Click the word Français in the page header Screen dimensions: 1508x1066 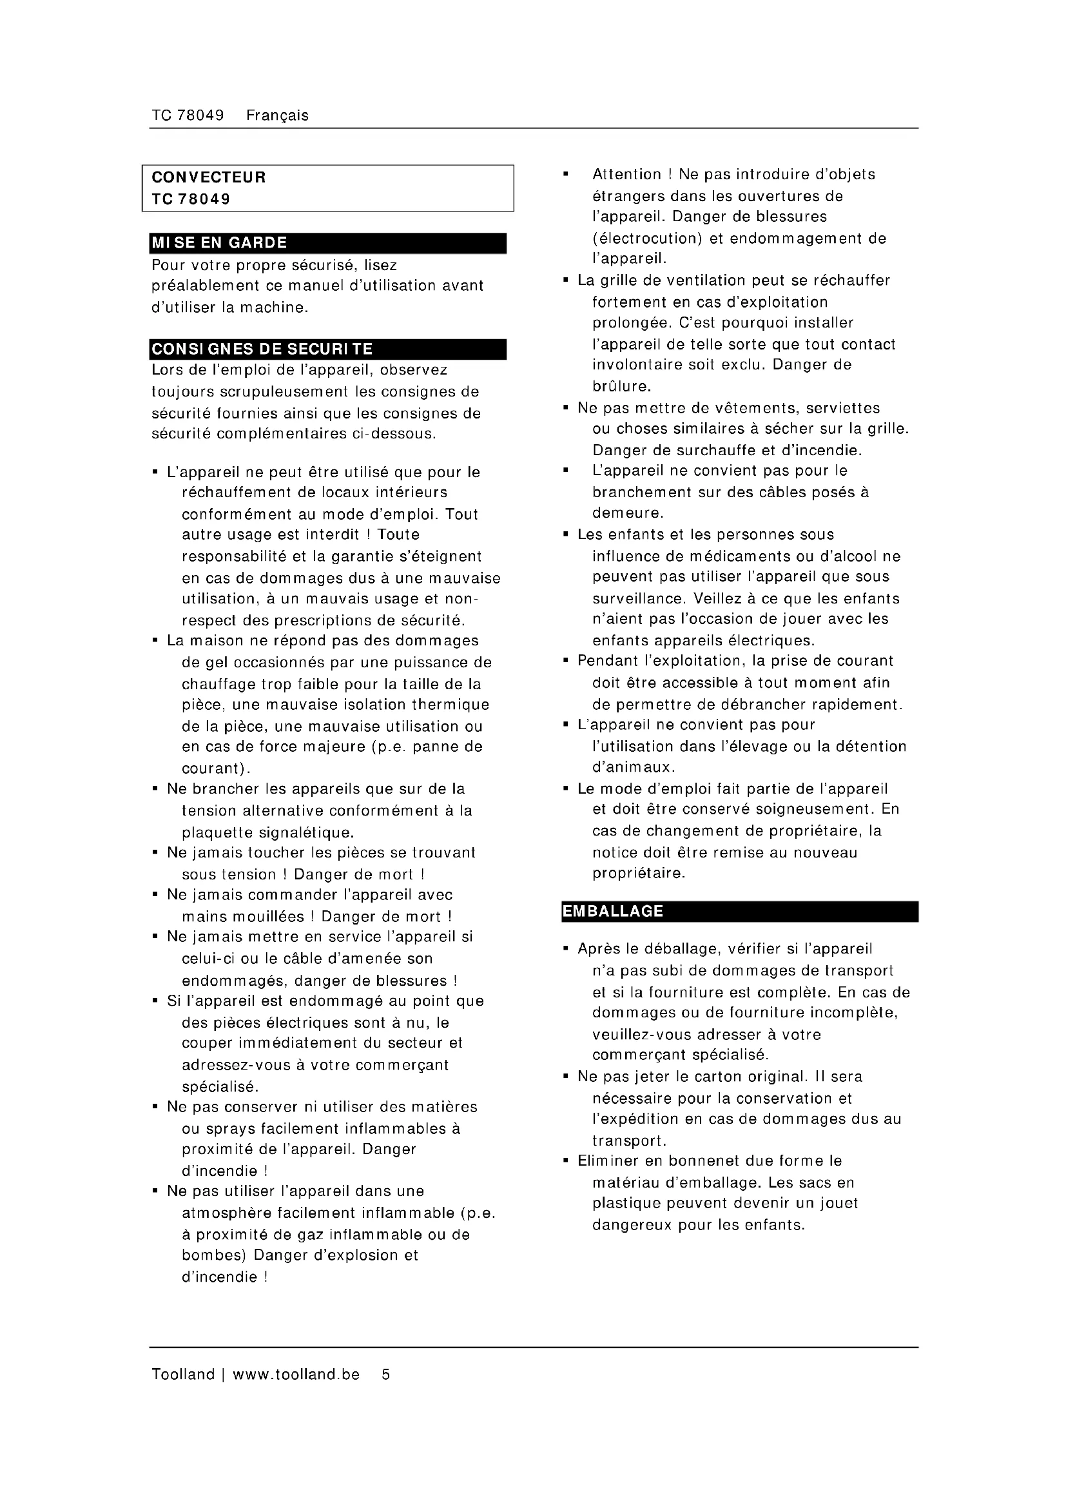click(277, 115)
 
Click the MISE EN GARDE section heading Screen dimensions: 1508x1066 click(219, 243)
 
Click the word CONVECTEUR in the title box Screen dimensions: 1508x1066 click(209, 177)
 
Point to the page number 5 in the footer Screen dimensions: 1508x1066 click(386, 1374)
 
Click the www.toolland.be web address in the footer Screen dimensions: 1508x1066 click(296, 1374)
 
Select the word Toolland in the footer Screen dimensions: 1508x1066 click(183, 1374)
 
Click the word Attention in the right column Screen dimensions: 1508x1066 click(627, 175)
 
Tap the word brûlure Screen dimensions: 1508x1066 click(621, 386)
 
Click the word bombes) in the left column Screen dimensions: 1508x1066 click(213, 1255)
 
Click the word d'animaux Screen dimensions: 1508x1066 click(625, 767)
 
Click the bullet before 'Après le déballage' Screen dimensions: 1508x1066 click(566, 949)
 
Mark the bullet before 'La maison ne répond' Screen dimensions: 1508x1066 click(155, 640)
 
